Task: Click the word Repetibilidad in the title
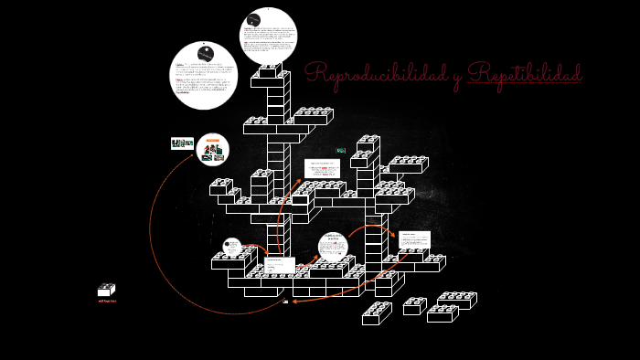coord(524,76)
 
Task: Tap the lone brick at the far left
coord(106,291)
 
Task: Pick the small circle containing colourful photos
coord(213,148)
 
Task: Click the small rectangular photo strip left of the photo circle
coord(182,143)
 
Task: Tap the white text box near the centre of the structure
coord(322,168)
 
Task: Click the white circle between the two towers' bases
coord(333,247)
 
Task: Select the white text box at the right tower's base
coord(414,239)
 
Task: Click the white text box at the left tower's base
coord(279,264)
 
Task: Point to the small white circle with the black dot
coord(232,246)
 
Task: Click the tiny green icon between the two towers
coord(341,150)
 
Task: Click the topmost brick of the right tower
coord(368,143)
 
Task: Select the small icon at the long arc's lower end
coord(285,301)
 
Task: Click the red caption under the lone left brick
coord(107,301)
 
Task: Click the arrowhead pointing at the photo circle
coord(192,156)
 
